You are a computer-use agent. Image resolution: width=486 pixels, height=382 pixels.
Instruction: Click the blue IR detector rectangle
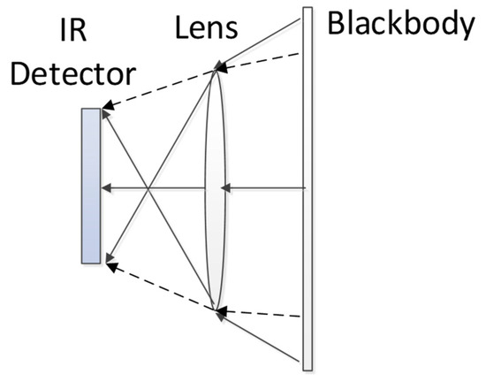pos(89,186)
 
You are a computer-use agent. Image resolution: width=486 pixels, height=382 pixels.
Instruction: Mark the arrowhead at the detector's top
pos(105,111)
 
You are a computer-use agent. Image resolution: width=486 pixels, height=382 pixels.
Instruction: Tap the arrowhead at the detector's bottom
pos(105,261)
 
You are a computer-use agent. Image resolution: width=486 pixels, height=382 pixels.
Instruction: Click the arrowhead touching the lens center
pos(225,187)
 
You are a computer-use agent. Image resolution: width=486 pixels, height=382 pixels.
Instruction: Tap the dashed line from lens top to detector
pos(159,89)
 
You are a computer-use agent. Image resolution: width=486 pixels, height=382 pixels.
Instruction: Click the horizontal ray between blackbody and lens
pos(265,187)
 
